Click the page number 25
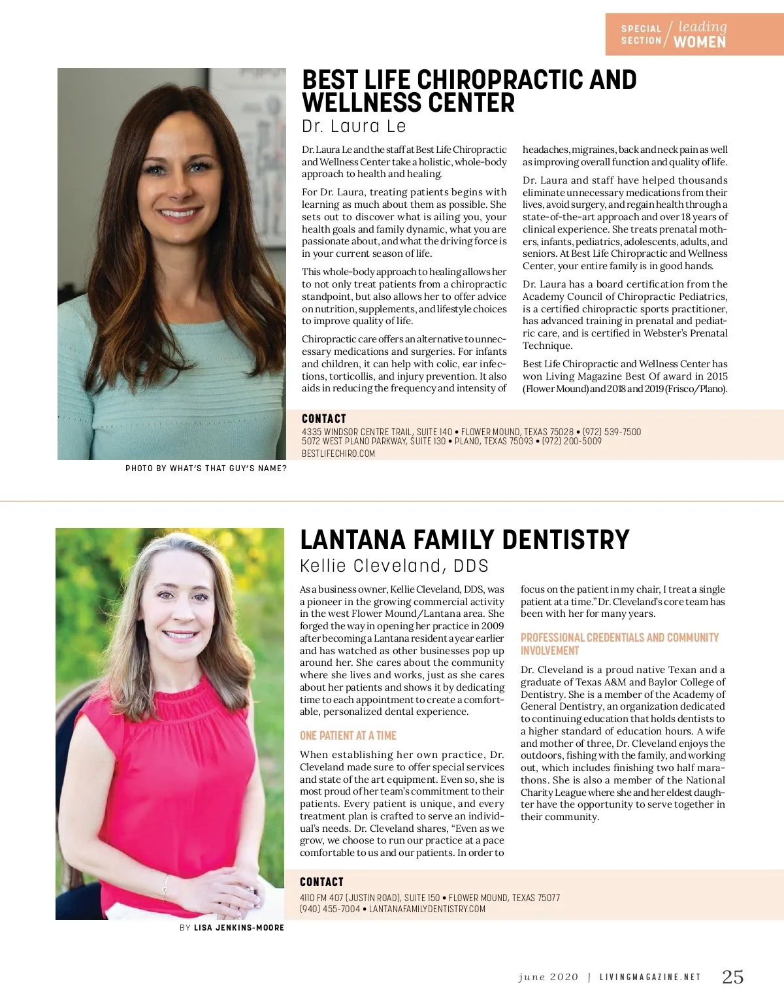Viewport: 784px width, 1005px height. [x=732, y=977]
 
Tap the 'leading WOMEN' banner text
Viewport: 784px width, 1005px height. [x=700, y=35]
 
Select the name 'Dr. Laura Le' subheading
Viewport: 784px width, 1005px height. [x=353, y=126]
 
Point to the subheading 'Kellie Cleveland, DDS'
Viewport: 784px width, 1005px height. [x=394, y=566]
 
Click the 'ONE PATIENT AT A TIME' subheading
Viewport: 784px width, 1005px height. [x=348, y=736]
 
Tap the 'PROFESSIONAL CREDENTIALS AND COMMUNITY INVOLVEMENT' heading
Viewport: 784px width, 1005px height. [x=619, y=644]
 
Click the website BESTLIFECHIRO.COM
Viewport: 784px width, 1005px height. [x=338, y=453]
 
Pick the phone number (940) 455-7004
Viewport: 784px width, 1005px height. [x=330, y=909]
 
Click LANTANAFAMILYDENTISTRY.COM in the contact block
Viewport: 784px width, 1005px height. [x=427, y=909]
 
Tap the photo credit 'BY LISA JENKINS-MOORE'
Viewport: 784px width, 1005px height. [x=232, y=928]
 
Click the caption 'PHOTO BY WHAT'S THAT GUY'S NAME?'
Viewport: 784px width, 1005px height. [x=206, y=469]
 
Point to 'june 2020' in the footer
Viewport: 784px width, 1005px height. [x=548, y=978]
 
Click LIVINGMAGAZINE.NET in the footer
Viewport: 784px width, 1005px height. [x=650, y=978]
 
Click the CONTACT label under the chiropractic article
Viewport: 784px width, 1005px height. [x=323, y=419]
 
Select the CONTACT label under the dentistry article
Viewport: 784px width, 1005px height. [x=321, y=882]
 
